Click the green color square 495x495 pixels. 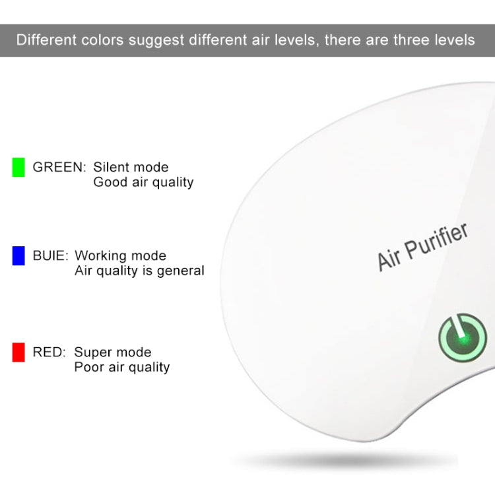18,167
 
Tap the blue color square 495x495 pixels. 18,255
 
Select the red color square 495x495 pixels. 18,352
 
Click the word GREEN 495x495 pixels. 59,167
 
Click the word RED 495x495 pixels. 49,352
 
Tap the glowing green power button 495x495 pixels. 463,337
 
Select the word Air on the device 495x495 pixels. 389,259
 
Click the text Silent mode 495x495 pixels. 131,167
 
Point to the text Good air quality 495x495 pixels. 143,182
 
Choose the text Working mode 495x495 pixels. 120,255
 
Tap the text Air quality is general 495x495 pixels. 139,271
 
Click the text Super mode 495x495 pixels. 112,352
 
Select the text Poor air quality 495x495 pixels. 121,368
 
